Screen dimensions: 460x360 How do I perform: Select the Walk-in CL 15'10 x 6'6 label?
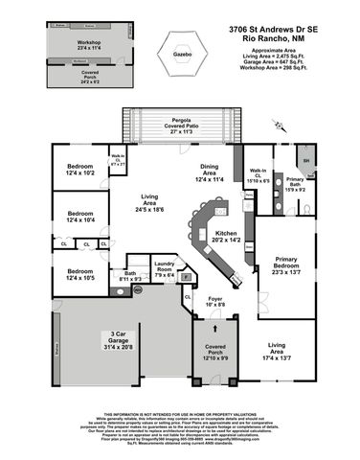[x=257, y=175]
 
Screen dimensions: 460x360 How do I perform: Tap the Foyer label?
[x=215, y=306]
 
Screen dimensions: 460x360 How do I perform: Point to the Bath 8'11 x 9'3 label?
[x=131, y=277]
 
